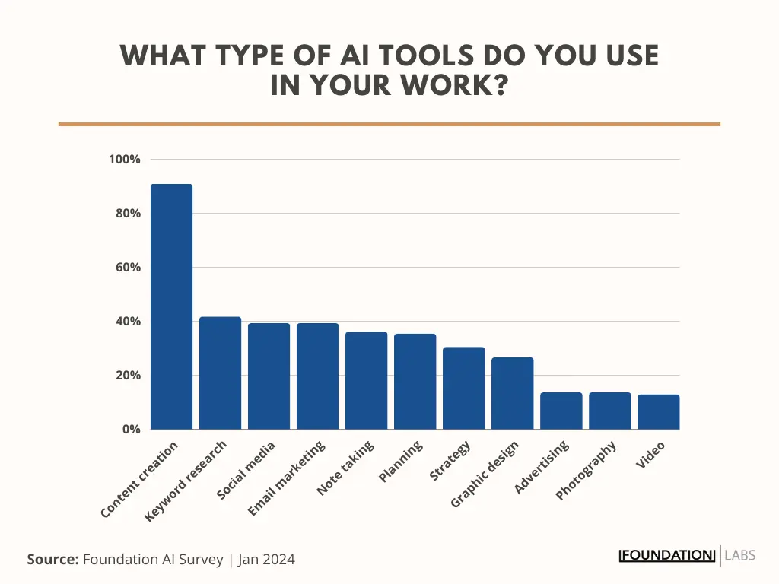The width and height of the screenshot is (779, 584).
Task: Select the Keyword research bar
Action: (x=220, y=373)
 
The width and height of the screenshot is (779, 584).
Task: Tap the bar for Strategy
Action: (x=463, y=388)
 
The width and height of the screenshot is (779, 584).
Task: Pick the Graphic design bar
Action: (x=512, y=393)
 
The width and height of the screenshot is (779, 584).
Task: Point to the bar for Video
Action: (x=658, y=411)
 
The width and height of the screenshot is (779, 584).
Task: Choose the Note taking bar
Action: (x=366, y=380)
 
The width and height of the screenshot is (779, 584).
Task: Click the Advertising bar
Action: (x=561, y=411)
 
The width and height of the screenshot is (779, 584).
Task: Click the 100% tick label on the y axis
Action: (x=124, y=160)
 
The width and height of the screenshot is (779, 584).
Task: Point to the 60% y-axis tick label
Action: (x=127, y=268)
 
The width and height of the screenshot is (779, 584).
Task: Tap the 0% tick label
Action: (x=131, y=430)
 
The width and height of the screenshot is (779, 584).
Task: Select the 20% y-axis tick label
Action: (x=127, y=376)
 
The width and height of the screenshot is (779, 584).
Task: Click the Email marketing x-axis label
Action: (x=287, y=478)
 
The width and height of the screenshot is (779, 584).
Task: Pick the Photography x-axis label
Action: (x=586, y=470)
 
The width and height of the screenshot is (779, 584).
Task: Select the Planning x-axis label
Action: (x=401, y=462)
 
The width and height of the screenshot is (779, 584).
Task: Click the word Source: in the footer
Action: (x=52, y=560)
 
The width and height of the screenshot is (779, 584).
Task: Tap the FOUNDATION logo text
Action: (x=667, y=555)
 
